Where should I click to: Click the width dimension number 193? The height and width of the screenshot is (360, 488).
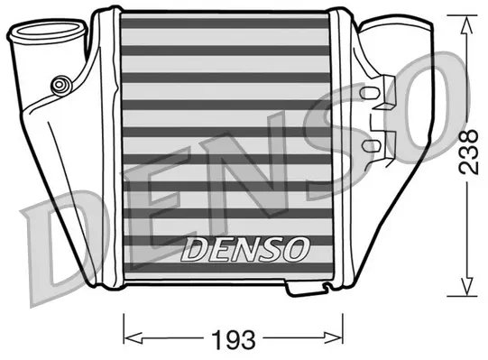click(234, 340)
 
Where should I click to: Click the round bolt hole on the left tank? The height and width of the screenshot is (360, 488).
click(60, 85)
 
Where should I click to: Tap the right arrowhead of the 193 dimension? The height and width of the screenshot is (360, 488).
click(342, 340)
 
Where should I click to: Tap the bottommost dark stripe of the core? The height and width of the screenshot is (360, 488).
click(226, 270)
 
